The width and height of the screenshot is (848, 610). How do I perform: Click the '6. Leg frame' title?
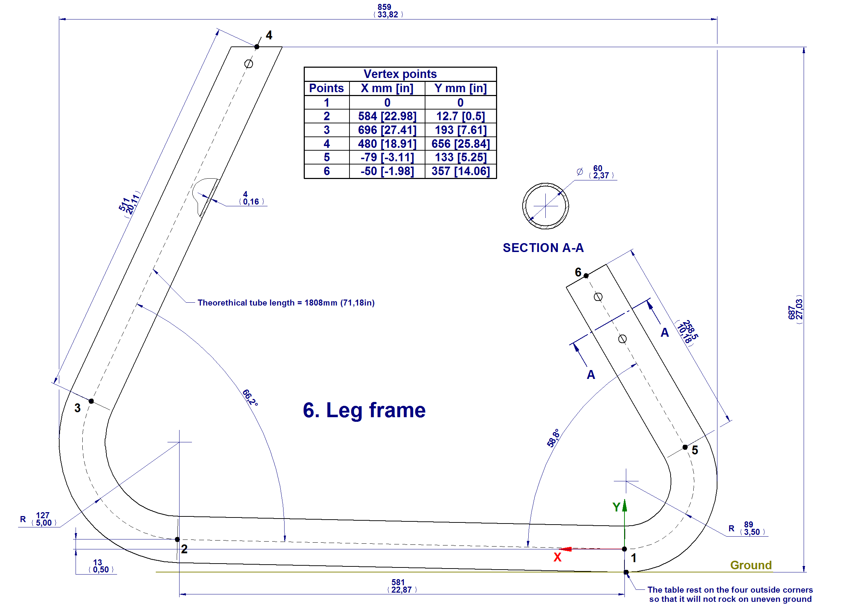(364, 410)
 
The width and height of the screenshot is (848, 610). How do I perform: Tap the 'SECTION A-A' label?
(543, 248)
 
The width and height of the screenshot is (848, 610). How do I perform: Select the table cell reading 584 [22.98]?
(387, 116)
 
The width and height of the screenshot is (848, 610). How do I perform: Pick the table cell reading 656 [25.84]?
(460, 144)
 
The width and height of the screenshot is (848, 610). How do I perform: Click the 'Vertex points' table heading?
(400, 74)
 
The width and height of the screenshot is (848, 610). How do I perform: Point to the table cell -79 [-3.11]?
(387, 157)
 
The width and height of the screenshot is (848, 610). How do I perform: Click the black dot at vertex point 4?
(257, 47)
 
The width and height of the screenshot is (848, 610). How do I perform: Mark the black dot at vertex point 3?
(91, 401)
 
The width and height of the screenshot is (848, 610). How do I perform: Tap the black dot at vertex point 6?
(586, 276)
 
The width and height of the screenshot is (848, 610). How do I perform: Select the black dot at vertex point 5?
(685, 447)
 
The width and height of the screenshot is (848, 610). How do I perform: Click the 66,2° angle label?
(250, 398)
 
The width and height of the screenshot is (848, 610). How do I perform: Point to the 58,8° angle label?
(554, 438)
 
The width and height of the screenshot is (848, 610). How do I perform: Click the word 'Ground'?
(751, 565)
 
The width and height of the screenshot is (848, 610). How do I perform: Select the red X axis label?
(557, 557)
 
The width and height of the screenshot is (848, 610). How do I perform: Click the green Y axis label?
(617, 507)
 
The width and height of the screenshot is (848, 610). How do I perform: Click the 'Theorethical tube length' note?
(286, 303)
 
